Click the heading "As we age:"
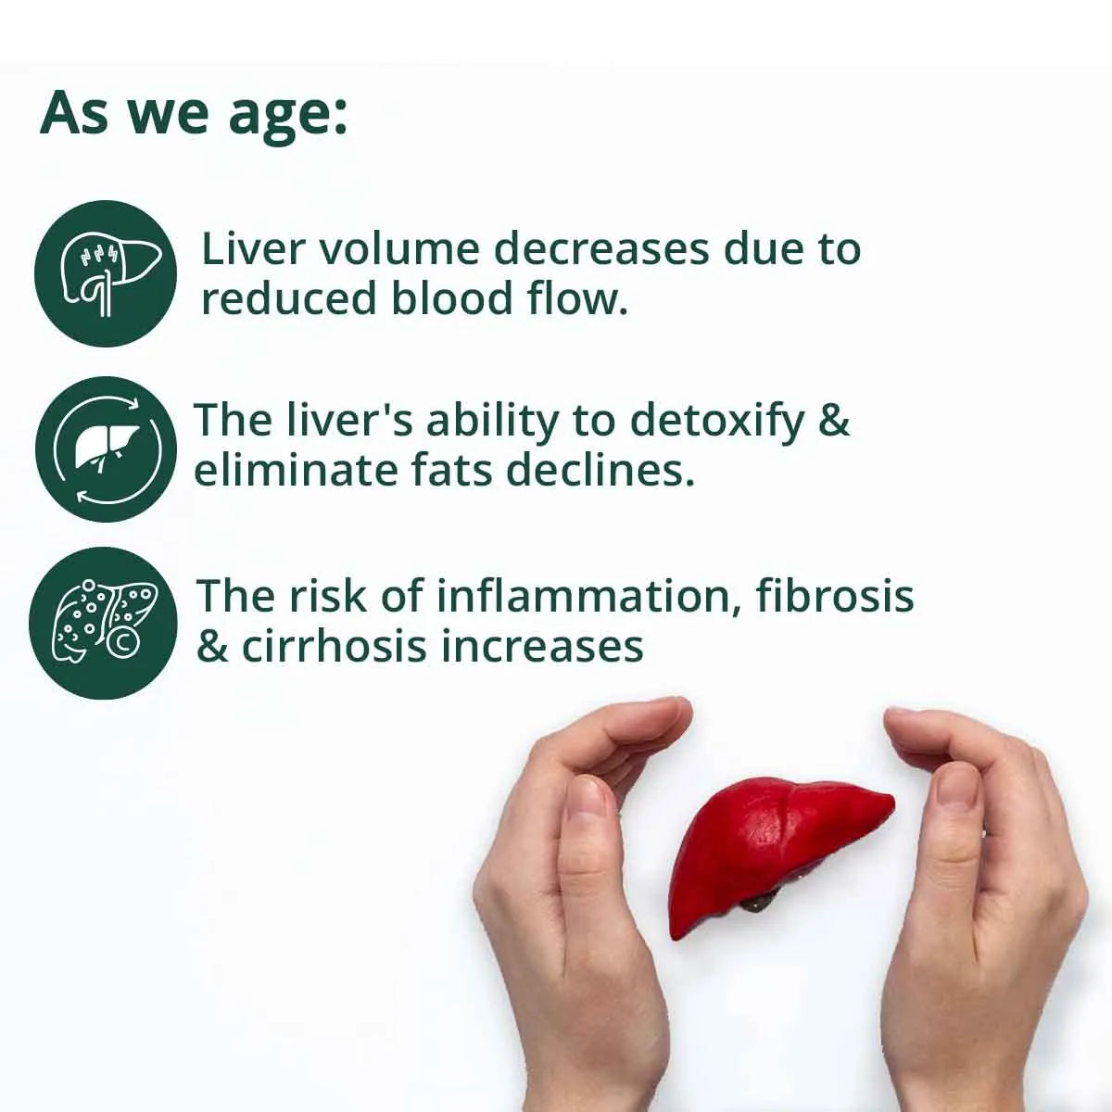click(194, 114)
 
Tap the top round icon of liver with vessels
click(105, 274)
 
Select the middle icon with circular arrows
click(105, 449)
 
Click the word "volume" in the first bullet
click(402, 250)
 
